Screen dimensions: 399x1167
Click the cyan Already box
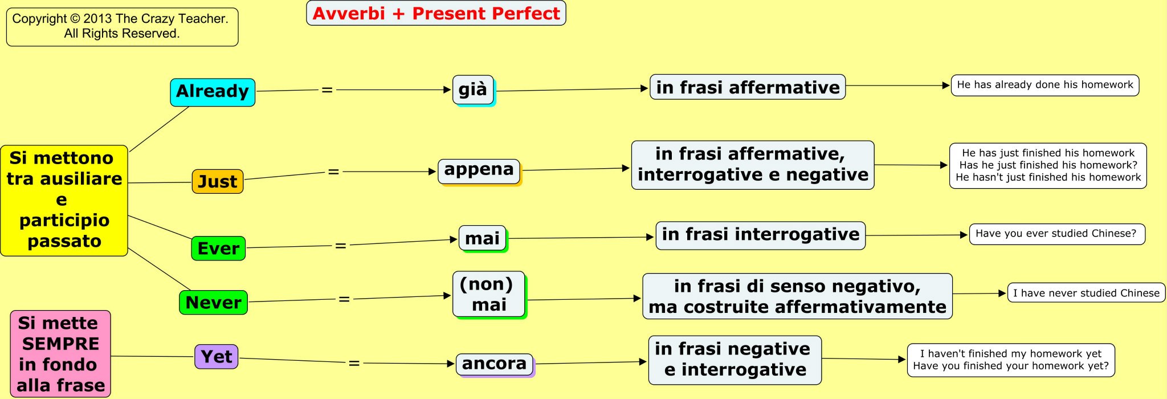click(x=213, y=92)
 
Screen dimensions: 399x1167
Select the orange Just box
click(x=218, y=182)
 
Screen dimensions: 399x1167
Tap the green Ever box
click(x=218, y=249)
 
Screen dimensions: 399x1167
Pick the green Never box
click(x=213, y=303)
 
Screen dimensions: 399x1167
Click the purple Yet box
click(x=217, y=357)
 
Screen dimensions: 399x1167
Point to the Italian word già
click(x=473, y=89)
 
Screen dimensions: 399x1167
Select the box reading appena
click(x=479, y=170)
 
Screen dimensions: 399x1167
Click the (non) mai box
click(x=489, y=294)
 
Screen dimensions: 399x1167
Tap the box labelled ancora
click(x=494, y=364)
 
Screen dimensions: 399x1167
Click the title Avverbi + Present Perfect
click(x=436, y=13)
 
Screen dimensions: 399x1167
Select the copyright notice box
click(x=122, y=26)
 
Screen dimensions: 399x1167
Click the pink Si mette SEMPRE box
click(x=60, y=354)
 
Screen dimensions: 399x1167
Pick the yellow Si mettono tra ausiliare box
click(x=64, y=200)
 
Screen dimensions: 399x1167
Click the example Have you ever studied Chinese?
click(x=1056, y=234)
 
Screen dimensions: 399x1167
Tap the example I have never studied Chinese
click(x=1086, y=293)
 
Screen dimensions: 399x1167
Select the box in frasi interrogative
click(x=760, y=235)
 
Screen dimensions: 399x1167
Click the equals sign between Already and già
click(x=327, y=89)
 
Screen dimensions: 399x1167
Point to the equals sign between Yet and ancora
click(x=354, y=363)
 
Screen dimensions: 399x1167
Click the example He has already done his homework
click(x=1044, y=85)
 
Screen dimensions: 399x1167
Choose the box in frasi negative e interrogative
click(x=735, y=360)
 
